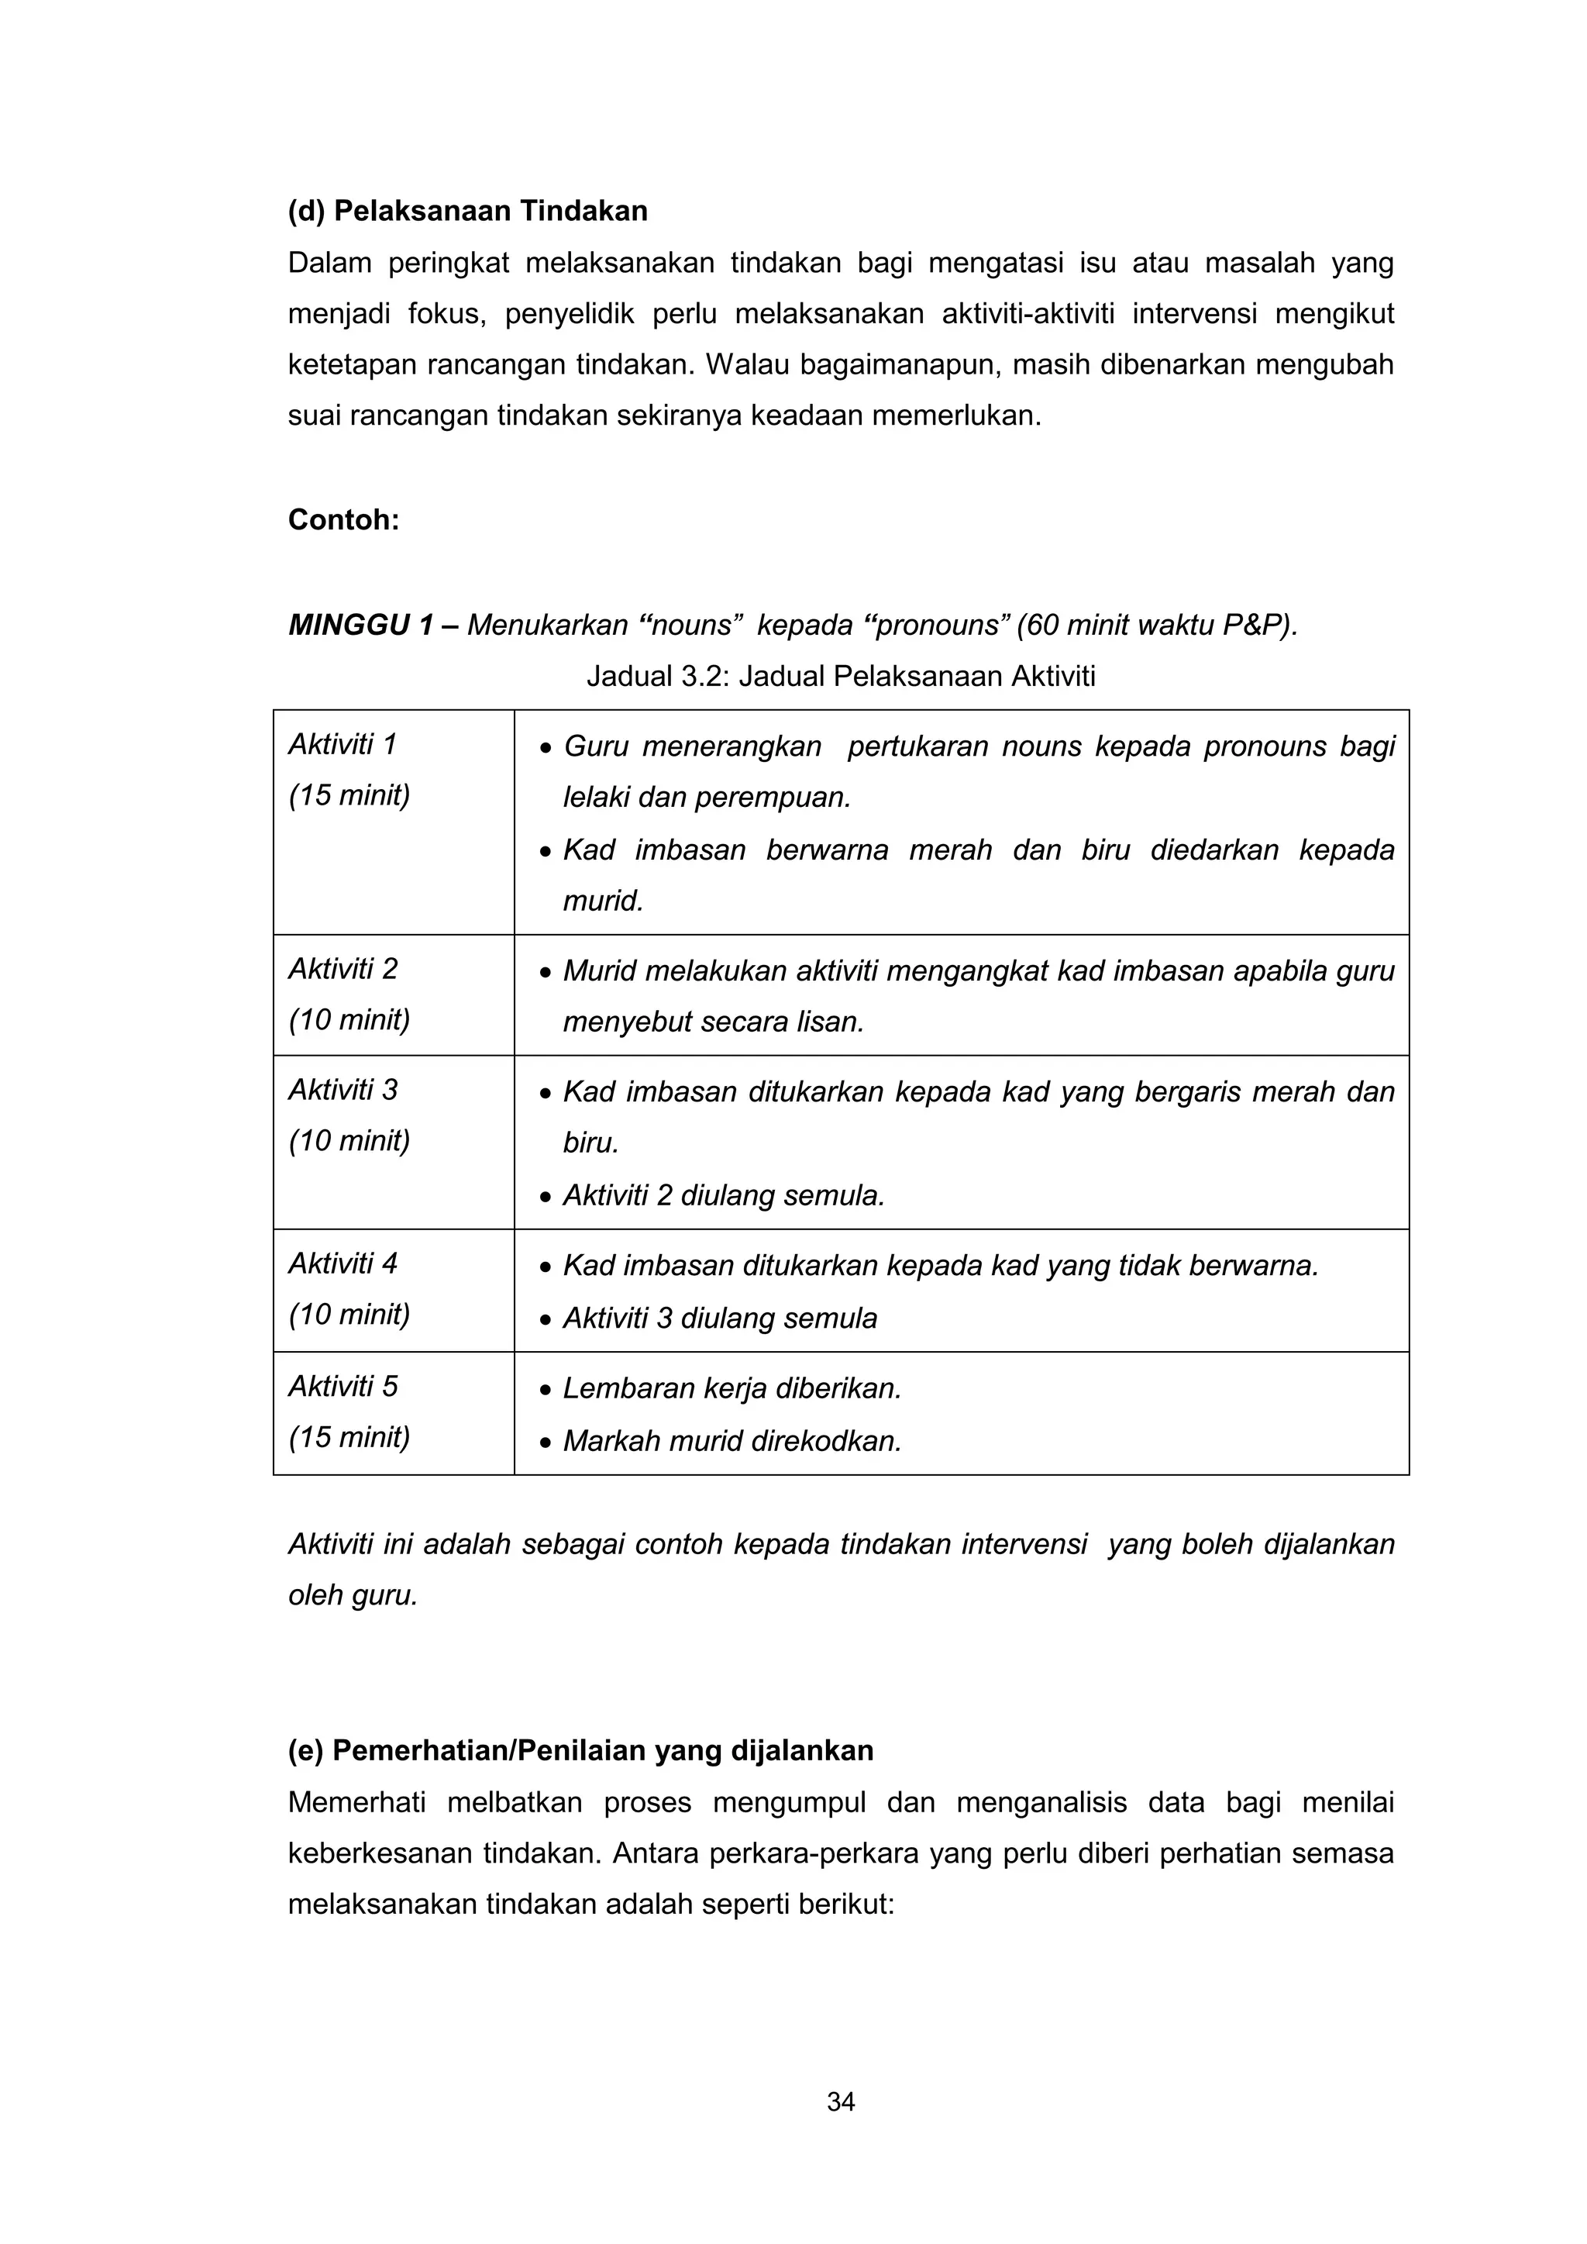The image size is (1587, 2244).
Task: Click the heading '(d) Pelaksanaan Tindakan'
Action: click(467, 211)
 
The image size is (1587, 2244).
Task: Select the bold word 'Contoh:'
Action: click(343, 520)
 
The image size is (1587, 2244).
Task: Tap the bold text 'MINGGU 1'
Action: click(360, 626)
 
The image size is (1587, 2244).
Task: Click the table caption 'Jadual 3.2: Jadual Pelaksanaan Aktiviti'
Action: click(841, 677)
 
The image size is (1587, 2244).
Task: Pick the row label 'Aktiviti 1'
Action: click(342, 745)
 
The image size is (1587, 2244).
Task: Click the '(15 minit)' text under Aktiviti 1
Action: click(349, 795)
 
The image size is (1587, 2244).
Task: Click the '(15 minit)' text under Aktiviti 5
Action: click(349, 1437)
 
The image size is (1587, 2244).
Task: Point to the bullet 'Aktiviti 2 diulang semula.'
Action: click(723, 1196)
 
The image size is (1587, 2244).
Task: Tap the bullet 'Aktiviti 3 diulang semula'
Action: click(719, 1319)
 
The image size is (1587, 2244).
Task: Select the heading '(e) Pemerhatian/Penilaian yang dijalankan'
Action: click(580, 1750)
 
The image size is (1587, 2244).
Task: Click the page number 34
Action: click(841, 2102)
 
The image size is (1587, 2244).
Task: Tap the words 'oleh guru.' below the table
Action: click(353, 1596)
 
